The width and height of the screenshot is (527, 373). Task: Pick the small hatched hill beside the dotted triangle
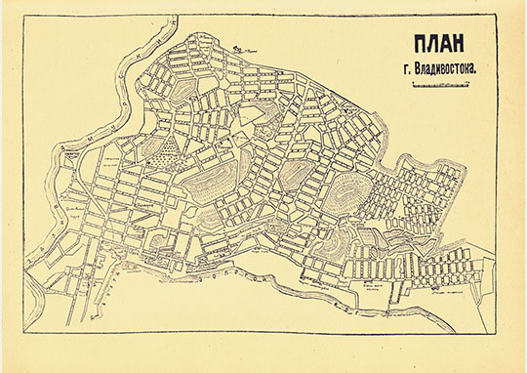[x=146, y=151]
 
